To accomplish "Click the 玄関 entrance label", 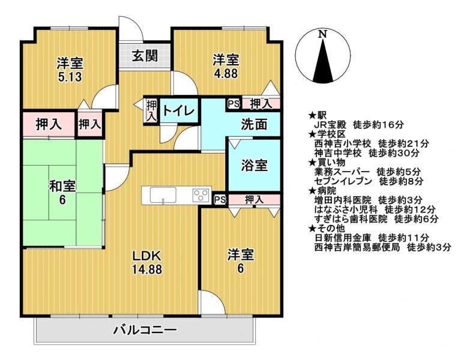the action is (x=145, y=56).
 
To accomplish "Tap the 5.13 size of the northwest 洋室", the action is (x=70, y=77).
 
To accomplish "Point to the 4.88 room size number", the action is (x=226, y=74).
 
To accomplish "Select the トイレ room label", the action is (x=179, y=110).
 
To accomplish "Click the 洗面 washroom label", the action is (x=254, y=124).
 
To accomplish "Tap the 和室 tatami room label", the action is (x=62, y=186).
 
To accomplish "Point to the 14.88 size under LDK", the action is (x=147, y=269).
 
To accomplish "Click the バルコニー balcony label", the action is (x=145, y=330).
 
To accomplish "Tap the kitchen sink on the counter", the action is (x=163, y=195).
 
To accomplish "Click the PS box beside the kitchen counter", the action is (x=220, y=200).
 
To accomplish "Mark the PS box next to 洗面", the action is (x=233, y=104).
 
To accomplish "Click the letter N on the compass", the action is (x=323, y=34).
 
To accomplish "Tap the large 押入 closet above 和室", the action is (x=49, y=124).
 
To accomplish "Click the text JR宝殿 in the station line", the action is (x=330, y=124).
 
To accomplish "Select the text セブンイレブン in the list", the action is (x=343, y=181).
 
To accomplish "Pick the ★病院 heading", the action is (x=322, y=191).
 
